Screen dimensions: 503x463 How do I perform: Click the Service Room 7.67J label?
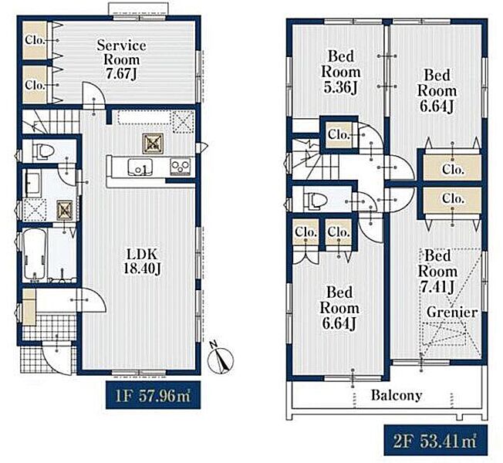pyautogui.click(x=122, y=59)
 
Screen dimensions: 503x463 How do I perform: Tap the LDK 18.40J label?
pyautogui.click(x=142, y=262)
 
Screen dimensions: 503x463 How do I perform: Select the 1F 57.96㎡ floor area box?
pyautogui.click(x=153, y=395)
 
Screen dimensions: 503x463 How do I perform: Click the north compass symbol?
pyautogui.click(x=221, y=358)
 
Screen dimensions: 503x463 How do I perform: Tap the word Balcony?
pyautogui.click(x=397, y=395)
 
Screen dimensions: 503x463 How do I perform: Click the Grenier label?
pyautogui.click(x=452, y=312)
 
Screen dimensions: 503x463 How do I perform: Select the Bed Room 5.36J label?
pyautogui.click(x=341, y=72)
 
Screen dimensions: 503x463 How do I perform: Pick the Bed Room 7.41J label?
pyautogui.click(x=437, y=272)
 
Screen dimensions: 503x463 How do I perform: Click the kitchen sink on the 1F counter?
pyautogui.click(x=140, y=167)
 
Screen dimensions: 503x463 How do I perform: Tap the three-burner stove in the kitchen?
pyautogui.click(x=181, y=167)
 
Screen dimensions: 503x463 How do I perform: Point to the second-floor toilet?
pyautogui.click(x=315, y=200)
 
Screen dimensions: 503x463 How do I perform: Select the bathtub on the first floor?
pyautogui.click(x=35, y=255)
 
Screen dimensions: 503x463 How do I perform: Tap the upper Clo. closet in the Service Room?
pyautogui.click(x=35, y=40)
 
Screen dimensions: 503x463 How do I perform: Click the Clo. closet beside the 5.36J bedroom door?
pyautogui.click(x=339, y=134)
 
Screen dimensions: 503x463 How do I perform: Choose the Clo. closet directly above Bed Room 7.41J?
pyautogui.click(x=453, y=199)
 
